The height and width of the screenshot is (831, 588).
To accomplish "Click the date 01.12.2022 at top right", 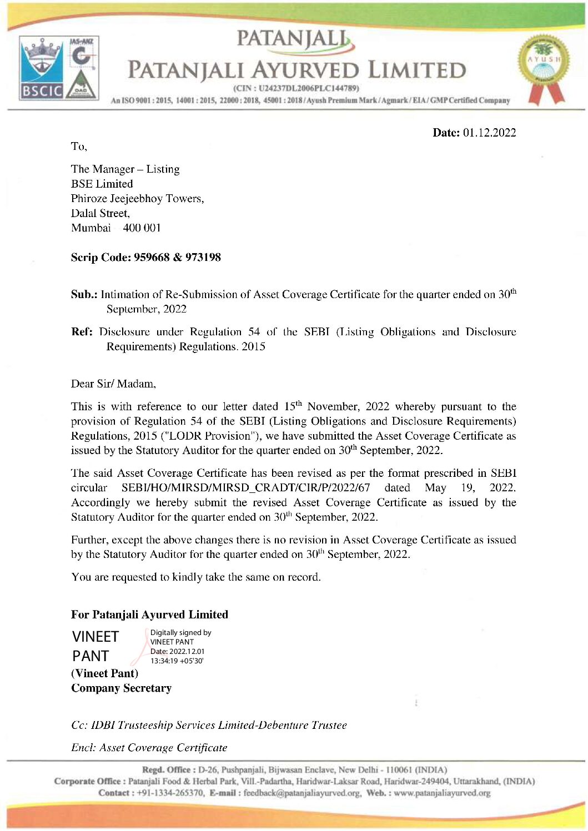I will coord(489,132).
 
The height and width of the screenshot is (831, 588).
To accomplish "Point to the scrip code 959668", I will coord(152,257).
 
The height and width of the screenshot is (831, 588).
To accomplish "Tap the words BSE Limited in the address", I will coord(102,184).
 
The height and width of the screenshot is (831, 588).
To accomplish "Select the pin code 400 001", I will coord(142,228).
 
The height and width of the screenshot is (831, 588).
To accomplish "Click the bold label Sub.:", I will coord(84,295).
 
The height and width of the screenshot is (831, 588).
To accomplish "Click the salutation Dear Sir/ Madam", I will coord(113,384).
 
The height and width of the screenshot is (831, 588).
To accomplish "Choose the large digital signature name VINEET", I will coord(96,637).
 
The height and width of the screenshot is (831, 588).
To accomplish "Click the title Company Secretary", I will coord(121,688).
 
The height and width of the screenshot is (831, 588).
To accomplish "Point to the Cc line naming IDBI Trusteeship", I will coord(209,725).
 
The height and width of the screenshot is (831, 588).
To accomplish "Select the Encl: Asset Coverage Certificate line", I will coord(149,747).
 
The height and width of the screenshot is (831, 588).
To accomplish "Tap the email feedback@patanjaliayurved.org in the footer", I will coord(303,793).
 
